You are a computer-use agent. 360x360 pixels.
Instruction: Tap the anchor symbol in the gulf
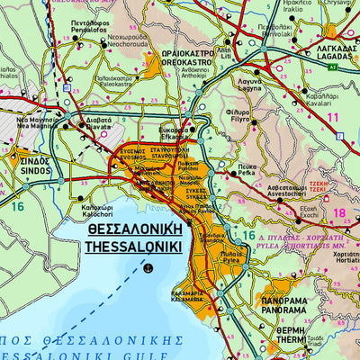(149, 266)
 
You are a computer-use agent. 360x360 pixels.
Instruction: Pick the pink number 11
(333, 117)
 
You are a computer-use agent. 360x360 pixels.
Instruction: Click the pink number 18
(339, 212)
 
